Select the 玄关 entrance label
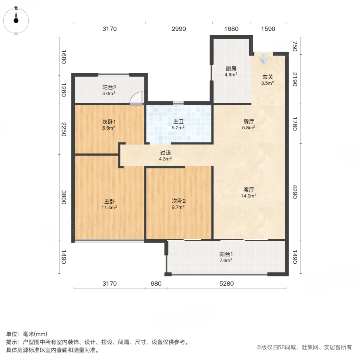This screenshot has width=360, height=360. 268,78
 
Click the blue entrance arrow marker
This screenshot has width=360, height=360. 264,59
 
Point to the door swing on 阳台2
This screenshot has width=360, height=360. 137,98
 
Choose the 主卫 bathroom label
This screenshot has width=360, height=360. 178,122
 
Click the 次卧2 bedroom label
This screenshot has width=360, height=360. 178,202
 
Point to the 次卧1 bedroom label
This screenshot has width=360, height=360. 109,122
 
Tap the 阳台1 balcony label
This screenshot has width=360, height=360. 226,254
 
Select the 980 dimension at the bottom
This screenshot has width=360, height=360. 156,284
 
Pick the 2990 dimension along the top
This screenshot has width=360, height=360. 179,29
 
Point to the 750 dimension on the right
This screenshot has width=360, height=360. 295,47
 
